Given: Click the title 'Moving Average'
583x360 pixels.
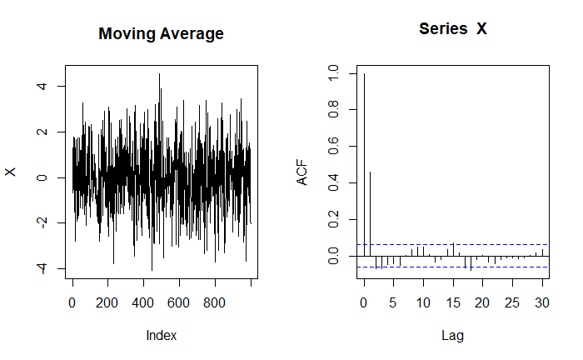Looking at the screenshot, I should coord(161,34).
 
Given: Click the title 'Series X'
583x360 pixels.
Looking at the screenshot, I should coord(452,28).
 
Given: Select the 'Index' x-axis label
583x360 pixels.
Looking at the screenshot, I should coord(161,335).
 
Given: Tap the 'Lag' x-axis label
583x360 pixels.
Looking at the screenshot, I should coord(452,335).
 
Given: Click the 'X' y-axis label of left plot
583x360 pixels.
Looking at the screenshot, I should coord(11,172).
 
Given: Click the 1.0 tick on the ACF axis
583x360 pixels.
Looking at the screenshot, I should coord(333,74).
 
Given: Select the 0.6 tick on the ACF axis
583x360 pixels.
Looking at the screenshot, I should coord(333,146).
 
